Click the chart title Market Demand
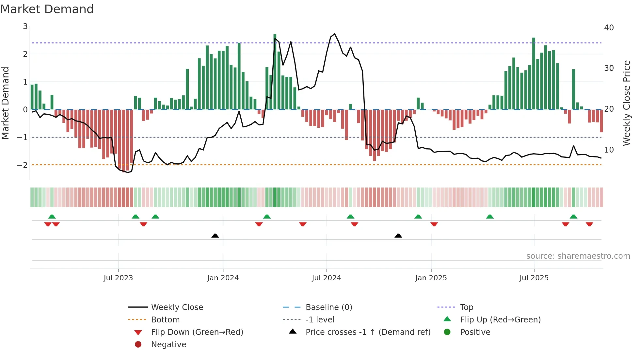47,9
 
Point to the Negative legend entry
168,345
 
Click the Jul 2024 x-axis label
326,278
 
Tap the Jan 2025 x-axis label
431,278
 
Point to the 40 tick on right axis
609,28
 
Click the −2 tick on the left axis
22,165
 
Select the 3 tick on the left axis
25,26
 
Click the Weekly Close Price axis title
626,103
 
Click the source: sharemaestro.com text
578,256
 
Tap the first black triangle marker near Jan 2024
215,236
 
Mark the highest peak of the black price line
334,34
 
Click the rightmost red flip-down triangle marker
589,224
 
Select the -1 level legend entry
320,320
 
